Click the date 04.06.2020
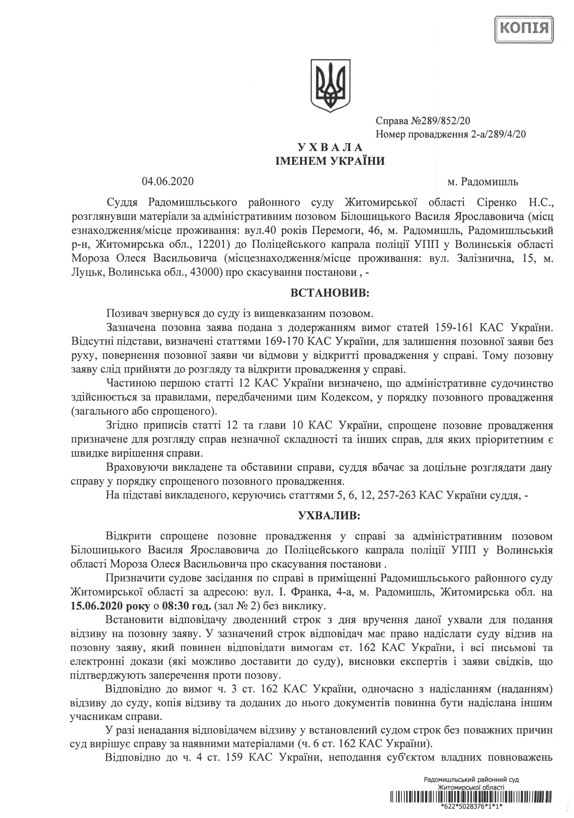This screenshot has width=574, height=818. (x=168, y=182)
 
